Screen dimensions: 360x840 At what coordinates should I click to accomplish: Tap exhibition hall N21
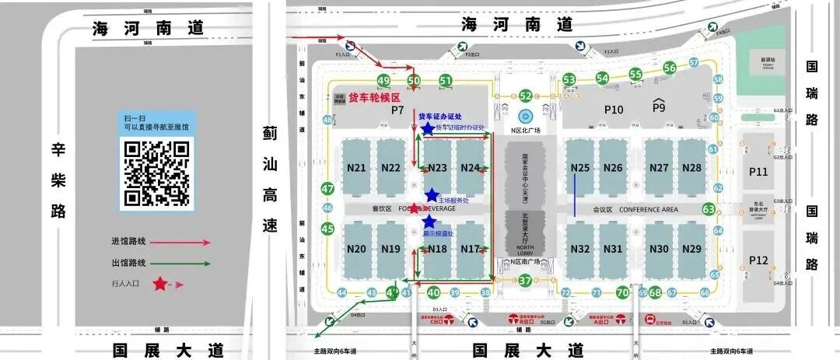pos(357,168)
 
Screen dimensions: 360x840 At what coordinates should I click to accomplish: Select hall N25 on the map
pos(580,168)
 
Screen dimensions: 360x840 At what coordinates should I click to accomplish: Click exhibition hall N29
pos(691,249)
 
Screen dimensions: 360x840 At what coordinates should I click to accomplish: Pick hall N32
pos(580,249)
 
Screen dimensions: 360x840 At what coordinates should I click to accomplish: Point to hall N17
pos(470,249)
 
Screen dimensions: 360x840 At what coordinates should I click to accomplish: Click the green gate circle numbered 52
pos(526,96)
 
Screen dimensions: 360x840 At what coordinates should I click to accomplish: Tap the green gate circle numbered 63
pos(709,209)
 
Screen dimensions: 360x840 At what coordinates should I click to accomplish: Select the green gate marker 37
pos(525,281)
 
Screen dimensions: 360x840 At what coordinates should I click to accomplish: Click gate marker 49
pos(383,81)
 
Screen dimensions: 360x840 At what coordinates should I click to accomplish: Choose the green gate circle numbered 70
pos(622,292)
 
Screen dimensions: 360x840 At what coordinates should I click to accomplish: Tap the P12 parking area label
pos(758,260)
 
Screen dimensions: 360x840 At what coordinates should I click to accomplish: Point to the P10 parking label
pos(614,110)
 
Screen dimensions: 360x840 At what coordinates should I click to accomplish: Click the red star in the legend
pos(160,284)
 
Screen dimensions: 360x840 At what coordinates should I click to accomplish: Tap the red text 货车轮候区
pos(374,98)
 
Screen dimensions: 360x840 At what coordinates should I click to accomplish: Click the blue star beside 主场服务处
pos(432,195)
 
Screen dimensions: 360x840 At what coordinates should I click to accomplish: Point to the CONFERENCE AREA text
pos(648,209)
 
